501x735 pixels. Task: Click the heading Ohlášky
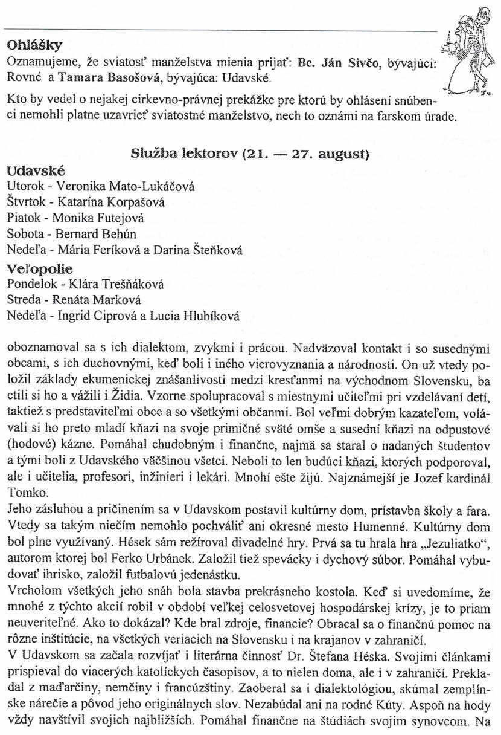(x=34, y=45)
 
